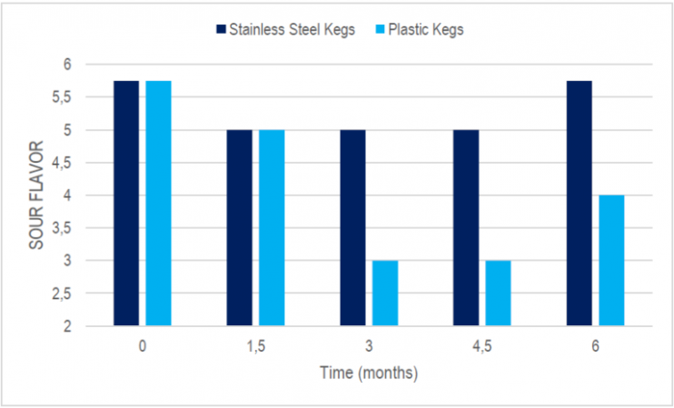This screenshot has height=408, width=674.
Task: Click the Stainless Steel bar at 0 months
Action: (126, 203)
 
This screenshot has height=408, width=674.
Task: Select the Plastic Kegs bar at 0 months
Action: (158, 203)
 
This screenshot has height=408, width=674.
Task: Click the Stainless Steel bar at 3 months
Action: (352, 227)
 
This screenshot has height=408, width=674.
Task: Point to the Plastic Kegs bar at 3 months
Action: (385, 293)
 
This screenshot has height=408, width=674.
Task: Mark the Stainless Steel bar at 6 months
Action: (579, 203)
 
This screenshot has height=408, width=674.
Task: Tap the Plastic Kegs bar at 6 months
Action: (611, 260)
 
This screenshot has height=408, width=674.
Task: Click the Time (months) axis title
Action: (368, 373)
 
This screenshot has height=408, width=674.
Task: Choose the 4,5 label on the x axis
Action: (481, 346)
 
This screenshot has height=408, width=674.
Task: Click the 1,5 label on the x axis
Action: (255, 346)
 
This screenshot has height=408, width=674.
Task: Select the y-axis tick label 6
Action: (92, 65)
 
